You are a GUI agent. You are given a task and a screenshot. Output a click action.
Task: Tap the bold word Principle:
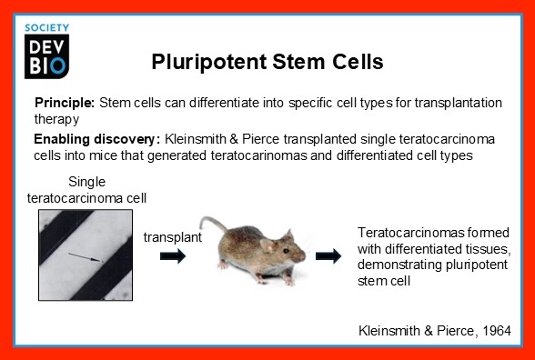click(x=65, y=103)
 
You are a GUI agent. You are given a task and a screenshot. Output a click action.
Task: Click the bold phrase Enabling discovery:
click(x=96, y=139)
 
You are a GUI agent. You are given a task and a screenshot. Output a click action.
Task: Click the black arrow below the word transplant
click(x=172, y=256)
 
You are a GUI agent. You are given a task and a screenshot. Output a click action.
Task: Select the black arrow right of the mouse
click(x=328, y=256)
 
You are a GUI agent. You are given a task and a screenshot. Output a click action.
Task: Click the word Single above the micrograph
click(x=86, y=182)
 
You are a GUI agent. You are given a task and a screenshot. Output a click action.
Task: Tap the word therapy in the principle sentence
click(x=56, y=118)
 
